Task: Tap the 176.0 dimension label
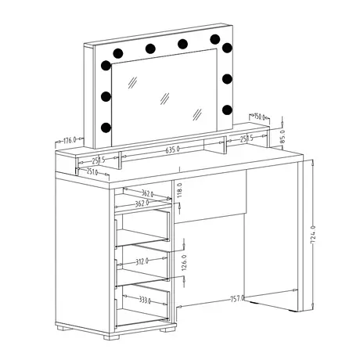[x=68, y=141]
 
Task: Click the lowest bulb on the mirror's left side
[x=105, y=124]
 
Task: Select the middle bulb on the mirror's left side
[x=104, y=96]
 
